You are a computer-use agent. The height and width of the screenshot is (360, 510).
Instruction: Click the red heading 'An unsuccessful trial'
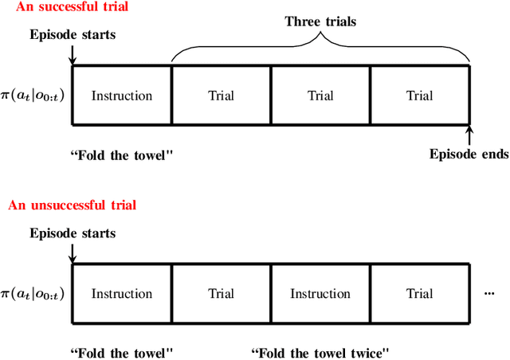(73, 205)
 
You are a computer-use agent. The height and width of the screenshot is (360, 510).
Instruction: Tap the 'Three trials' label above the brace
(320, 21)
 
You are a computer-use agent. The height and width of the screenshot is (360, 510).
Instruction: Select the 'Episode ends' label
(469, 154)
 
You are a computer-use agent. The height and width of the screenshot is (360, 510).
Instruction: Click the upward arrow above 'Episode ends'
(469, 134)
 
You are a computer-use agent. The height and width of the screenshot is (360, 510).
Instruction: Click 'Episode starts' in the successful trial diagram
(73, 35)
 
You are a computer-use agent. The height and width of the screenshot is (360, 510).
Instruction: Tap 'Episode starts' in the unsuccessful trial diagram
(73, 233)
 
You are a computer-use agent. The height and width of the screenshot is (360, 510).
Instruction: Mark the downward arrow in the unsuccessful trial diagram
(73, 252)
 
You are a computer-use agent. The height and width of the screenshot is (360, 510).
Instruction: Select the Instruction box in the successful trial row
(122, 96)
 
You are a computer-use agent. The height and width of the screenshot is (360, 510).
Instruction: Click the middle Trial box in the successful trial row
(320, 96)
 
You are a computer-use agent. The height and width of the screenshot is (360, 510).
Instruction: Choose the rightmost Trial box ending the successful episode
(419, 96)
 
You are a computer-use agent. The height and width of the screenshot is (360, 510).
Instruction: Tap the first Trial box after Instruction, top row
(221, 96)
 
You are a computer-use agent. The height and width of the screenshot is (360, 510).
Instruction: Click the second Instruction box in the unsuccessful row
(320, 294)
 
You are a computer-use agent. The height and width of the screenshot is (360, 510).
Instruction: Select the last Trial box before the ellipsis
(419, 294)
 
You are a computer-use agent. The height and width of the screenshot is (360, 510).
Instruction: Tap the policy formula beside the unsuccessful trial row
(33, 294)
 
